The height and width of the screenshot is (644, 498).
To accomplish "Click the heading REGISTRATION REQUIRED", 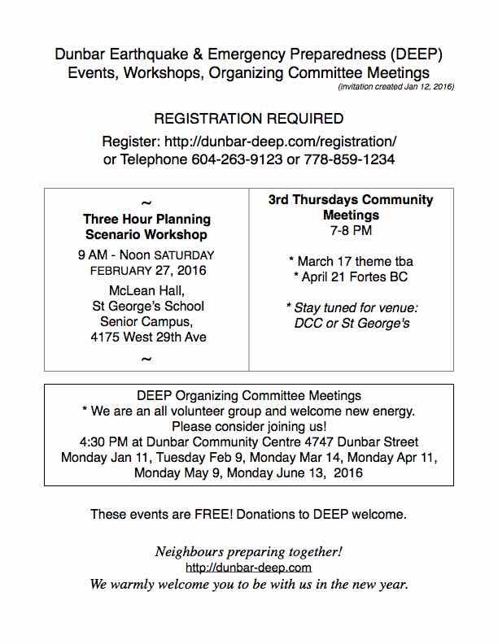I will (x=248, y=119).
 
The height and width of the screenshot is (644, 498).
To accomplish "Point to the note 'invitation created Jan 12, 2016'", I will (x=395, y=86).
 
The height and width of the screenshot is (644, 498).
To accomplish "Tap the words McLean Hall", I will (x=146, y=291).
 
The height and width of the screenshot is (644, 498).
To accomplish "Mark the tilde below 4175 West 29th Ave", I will (x=146, y=359).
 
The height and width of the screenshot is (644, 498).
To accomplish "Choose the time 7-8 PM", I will (x=351, y=232).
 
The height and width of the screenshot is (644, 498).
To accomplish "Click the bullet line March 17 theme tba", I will (x=351, y=261).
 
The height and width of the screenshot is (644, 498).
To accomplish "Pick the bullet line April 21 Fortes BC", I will (x=351, y=276).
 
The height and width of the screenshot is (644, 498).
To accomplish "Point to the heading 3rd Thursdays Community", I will (x=351, y=200).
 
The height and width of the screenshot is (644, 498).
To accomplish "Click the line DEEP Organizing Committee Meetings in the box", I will (x=249, y=396).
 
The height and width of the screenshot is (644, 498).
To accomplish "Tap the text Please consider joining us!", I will (x=249, y=426).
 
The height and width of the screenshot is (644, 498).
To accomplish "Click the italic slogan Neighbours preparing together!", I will (x=249, y=552).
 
